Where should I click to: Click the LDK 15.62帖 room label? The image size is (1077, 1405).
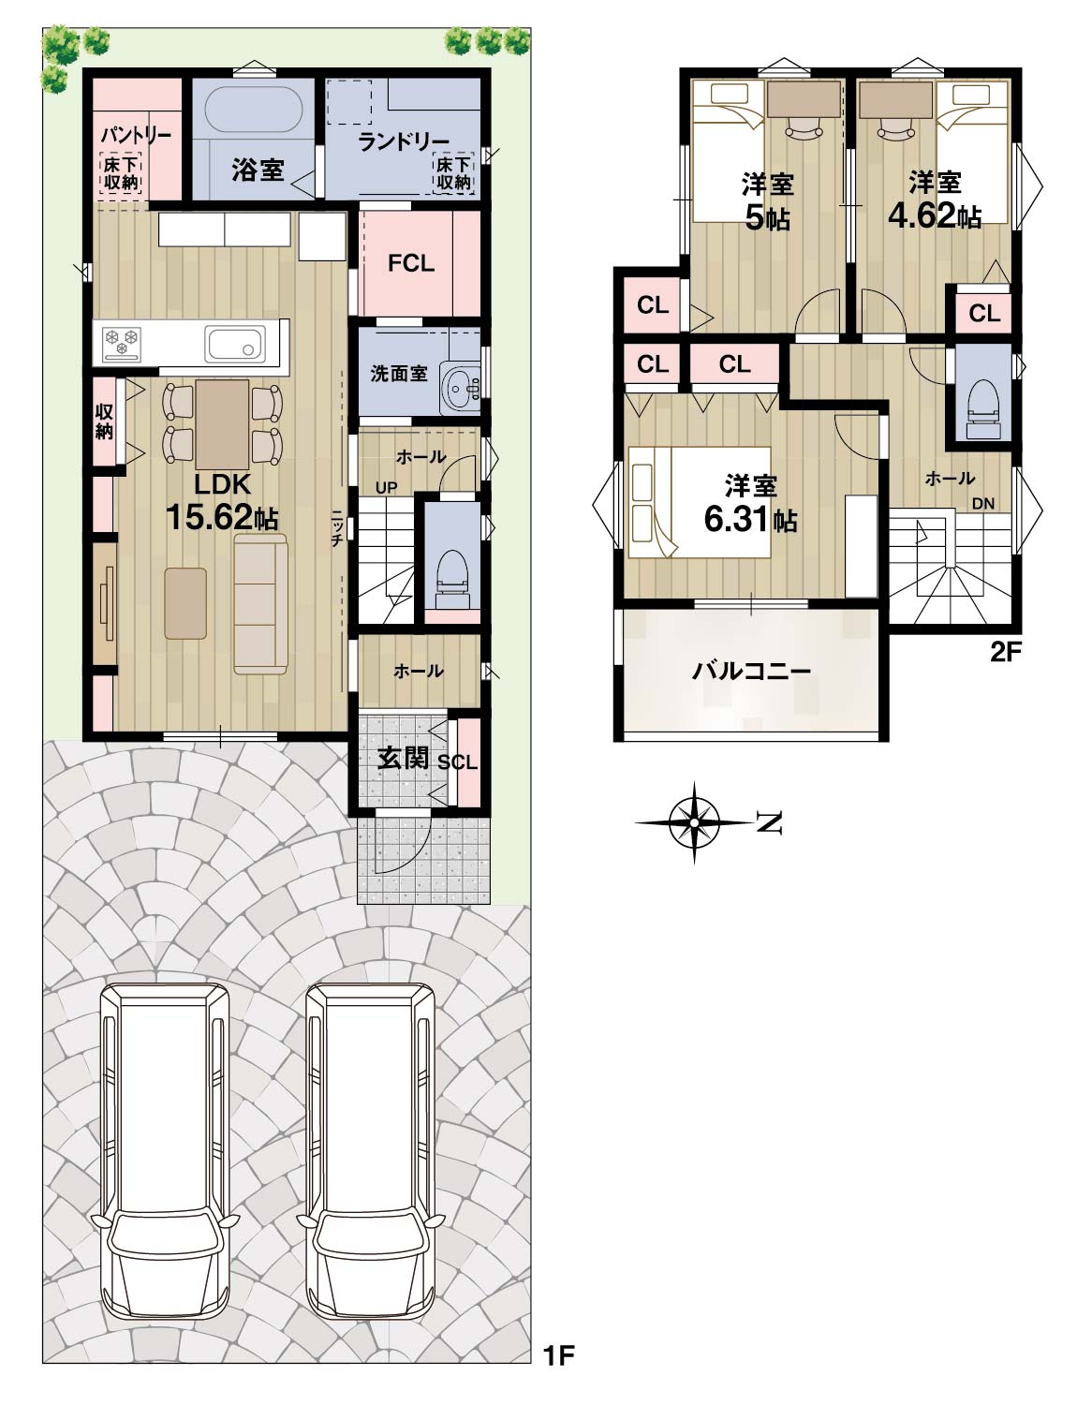click(221, 502)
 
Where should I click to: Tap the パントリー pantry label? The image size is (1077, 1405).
click(136, 136)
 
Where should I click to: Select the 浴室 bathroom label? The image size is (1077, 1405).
click(258, 170)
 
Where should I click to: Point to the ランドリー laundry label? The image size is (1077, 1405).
click(403, 140)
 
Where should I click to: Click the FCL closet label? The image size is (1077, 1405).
click(411, 263)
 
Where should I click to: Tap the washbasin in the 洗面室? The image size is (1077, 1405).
click(460, 387)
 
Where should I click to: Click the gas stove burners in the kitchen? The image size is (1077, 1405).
click(122, 343)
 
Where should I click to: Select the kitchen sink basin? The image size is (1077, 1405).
click(235, 344)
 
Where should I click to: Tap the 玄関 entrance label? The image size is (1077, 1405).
click(403, 759)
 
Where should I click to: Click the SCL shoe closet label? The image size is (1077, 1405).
click(457, 763)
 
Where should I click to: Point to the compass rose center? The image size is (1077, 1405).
click(694, 822)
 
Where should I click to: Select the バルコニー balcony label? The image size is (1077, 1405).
click(750, 671)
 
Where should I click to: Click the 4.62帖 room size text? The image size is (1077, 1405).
click(934, 215)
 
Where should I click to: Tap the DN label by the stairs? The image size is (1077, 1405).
click(983, 504)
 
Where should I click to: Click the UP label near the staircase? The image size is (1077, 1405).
click(387, 487)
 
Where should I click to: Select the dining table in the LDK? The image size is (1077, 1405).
click(222, 424)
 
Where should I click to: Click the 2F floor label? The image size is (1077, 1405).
click(1005, 653)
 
